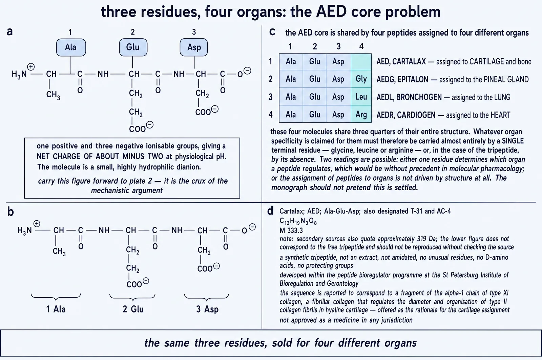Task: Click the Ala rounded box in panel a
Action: point(71,47)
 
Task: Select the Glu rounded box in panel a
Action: point(133,47)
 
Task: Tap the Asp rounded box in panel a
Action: point(193,47)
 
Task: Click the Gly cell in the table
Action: point(361,79)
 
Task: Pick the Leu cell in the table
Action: point(361,97)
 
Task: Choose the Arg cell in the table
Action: point(361,114)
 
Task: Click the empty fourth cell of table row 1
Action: point(361,62)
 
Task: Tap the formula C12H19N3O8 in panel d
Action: point(298,221)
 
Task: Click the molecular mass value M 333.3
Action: point(291,230)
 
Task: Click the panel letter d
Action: point(270,211)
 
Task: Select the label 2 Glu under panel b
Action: point(133,309)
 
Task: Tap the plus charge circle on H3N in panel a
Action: point(31,66)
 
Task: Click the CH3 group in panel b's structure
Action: point(59,251)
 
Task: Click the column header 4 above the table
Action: point(361,46)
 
